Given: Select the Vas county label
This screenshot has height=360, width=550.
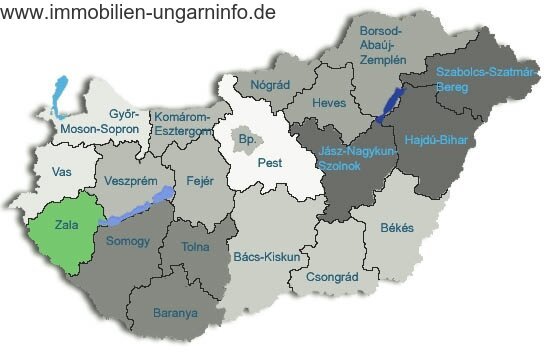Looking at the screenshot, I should point(62,172).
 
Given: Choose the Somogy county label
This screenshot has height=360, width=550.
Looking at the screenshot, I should point(127,241).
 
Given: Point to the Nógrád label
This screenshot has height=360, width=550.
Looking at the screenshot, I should point(270,86).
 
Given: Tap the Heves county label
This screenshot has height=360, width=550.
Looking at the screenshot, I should point(329,103).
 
